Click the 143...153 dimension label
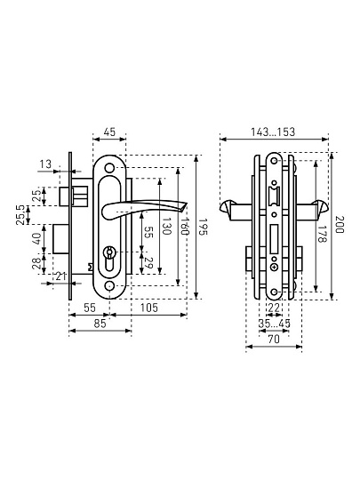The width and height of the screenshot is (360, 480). pyautogui.click(x=273, y=132)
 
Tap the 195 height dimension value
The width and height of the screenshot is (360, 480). pyautogui.click(x=203, y=227)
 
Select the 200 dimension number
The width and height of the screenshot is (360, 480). pyautogui.click(x=340, y=224)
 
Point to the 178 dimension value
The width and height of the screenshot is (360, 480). pyautogui.click(x=322, y=234)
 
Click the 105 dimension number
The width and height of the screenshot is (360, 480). pyautogui.click(x=149, y=308)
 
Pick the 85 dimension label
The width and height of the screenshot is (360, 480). pyautogui.click(x=100, y=324)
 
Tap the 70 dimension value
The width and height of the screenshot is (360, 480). pyautogui.click(x=274, y=340)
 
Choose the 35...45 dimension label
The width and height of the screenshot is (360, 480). pyautogui.click(x=274, y=324)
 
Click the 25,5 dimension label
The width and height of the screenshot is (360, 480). pyautogui.click(x=20, y=215)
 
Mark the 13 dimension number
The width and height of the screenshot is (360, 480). pyautogui.click(x=45, y=164)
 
